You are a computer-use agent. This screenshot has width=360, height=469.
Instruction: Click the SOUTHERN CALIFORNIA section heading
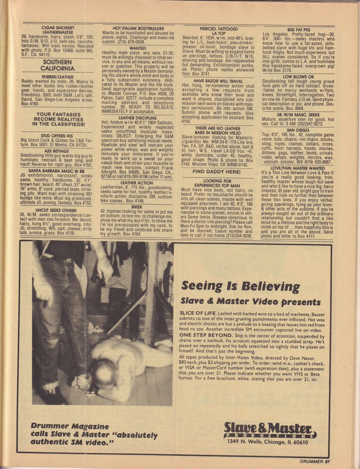coord(57,65)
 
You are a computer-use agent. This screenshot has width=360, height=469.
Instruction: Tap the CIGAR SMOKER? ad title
coord(58,28)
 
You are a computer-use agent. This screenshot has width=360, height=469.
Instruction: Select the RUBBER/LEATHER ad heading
coord(58,77)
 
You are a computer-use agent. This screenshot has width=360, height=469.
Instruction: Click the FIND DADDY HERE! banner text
coord(217,172)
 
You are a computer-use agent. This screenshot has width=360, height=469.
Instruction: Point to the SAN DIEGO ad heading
coord(298,130)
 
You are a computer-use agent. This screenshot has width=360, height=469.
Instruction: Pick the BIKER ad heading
coord(136,207)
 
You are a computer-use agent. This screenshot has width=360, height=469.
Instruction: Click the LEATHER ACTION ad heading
coord(136,183)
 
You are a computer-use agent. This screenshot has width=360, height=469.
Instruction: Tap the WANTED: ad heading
coord(138,48)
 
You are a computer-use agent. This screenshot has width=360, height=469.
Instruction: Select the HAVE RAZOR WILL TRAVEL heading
coord(219,81)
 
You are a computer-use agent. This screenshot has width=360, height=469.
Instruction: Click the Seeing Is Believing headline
coord(240,286)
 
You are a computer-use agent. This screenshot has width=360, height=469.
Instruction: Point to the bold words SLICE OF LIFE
coord(198,313)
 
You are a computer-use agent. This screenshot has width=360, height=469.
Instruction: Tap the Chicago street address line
coord(267,442)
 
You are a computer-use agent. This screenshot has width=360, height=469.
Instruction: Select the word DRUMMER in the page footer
coord(311,462)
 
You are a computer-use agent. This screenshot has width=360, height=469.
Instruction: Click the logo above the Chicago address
coord(270,430)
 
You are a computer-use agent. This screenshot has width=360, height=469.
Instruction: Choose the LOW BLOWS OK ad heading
coord(298,77)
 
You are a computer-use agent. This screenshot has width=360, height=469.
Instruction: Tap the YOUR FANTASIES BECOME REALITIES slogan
coord(58,119)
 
